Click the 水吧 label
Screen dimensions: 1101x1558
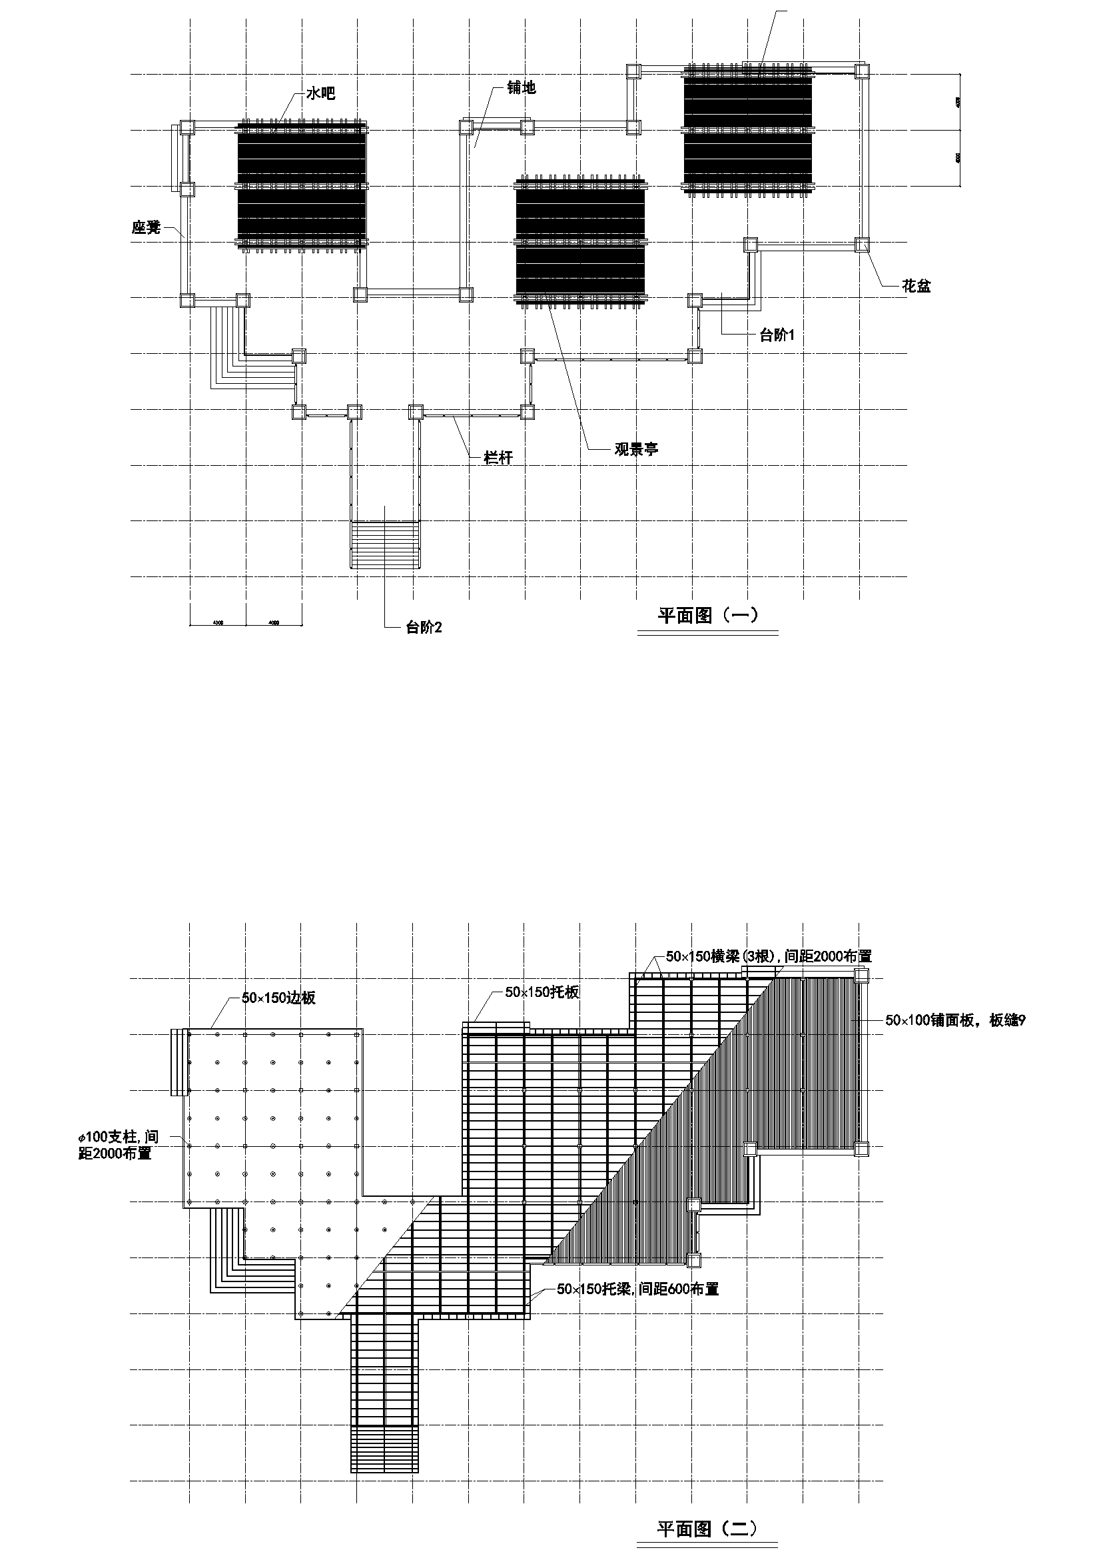point(320,94)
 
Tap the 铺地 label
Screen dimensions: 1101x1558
point(521,87)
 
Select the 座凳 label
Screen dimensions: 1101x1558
point(146,227)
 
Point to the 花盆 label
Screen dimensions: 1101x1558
point(916,287)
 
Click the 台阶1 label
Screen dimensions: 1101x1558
point(777,335)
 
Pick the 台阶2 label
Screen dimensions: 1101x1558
point(424,628)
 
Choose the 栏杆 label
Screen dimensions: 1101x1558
point(498,458)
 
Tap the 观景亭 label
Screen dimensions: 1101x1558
point(636,448)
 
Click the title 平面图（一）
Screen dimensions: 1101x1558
point(707,616)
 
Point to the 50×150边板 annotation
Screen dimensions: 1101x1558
point(278,999)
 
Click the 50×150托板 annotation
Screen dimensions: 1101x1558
point(542,992)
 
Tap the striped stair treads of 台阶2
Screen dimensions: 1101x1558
point(384,544)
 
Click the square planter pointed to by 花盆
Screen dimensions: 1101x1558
point(861,245)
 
